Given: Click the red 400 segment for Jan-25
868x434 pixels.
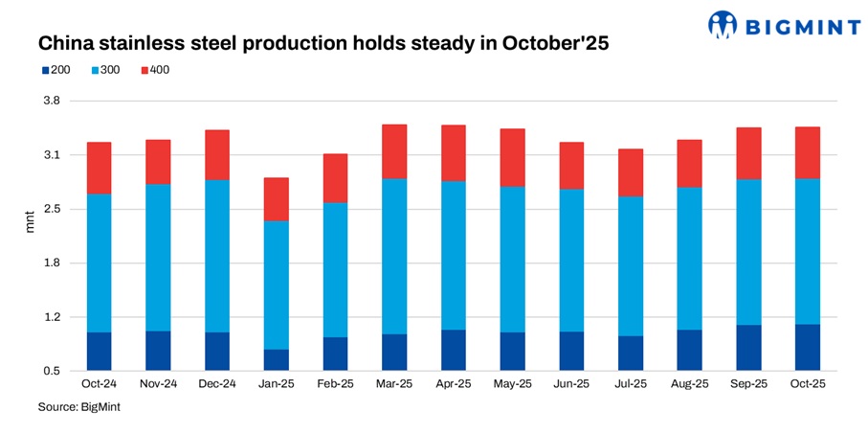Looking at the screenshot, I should [x=277, y=199].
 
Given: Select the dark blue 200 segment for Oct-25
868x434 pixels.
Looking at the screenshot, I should [x=808, y=347].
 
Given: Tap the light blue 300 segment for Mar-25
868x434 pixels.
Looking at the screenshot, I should [x=394, y=256].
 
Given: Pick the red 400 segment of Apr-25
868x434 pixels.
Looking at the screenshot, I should [x=454, y=152].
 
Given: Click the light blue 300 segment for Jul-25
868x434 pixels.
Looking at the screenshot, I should [x=631, y=265].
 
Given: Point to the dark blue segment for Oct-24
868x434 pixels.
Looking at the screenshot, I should [x=100, y=351].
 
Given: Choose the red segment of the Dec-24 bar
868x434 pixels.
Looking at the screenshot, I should [x=217, y=154].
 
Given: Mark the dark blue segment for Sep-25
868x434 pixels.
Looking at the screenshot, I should [x=748, y=347].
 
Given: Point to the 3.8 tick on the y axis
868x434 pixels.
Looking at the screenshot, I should [x=51, y=102].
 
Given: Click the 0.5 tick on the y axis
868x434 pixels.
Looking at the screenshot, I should [x=51, y=371].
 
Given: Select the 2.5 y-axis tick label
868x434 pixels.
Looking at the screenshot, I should [x=51, y=209].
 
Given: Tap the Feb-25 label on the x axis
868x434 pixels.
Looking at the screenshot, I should [x=335, y=384].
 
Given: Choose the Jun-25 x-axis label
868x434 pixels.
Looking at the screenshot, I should [x=571, y=384].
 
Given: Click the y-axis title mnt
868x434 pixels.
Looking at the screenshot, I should [x=29, y=236].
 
